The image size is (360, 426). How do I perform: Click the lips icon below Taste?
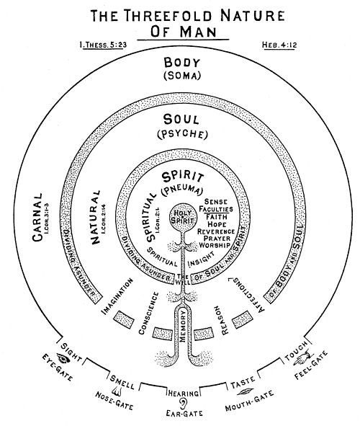point(245,392)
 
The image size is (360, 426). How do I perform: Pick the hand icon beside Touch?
point(303,358)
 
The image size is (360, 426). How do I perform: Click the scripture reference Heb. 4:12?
point(279,45)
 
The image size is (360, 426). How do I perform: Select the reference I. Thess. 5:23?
point(104,45)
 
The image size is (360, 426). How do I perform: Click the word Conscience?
point(148,314)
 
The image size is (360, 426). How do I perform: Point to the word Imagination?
point(117,296)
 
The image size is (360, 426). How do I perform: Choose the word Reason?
point(222,320)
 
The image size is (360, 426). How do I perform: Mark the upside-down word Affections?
point(246,295)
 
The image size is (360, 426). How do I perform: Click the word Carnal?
point(37,218)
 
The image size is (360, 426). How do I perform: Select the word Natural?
point(95,218)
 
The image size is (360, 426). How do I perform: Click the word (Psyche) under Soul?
point(183,135)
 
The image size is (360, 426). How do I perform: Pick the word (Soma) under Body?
point(182,75)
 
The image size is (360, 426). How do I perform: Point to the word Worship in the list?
point(215,245)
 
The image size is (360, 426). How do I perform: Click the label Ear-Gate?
point(184,414)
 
